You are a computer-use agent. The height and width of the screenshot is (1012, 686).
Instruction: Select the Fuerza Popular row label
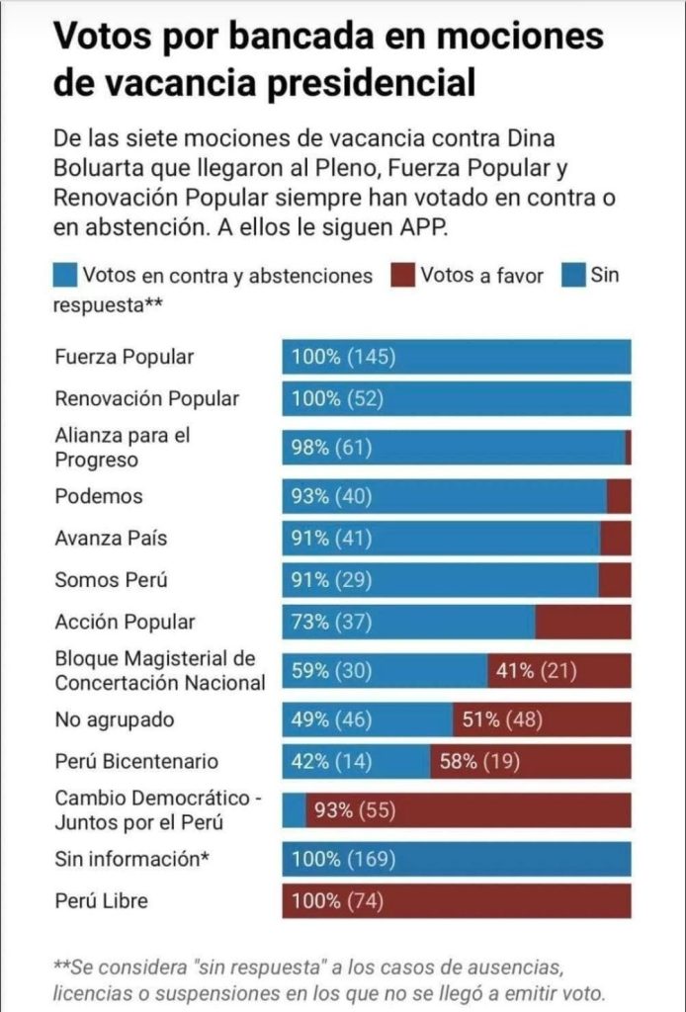[x=125, y=357]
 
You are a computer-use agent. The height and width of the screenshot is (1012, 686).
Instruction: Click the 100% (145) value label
[x=343, y=357]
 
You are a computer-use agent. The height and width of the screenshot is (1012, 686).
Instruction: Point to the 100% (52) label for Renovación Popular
[x=337, y=399]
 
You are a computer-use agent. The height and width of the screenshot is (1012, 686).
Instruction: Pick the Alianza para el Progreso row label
[x=122, y=448]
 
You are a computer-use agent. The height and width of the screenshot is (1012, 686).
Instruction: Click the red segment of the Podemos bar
[x=619, y=496]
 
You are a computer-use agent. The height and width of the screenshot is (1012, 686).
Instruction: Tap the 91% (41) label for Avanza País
[x=331, y=539]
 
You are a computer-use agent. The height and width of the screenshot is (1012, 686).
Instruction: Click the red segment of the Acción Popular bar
[x=583, y=622]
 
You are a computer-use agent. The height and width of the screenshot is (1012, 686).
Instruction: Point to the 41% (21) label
[x=536, y=671]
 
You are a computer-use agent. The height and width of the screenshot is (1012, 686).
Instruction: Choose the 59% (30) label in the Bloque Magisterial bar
[x=331, y=671]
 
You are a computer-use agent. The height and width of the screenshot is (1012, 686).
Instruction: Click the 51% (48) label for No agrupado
[x=502, y=719]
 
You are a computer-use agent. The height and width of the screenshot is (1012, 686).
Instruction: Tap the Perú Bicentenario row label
[x=136, y=762]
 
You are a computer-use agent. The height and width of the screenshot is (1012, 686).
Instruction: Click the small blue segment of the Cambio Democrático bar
[x=294, y=810]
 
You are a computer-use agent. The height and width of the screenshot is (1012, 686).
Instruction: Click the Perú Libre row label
[x=101, y=901]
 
